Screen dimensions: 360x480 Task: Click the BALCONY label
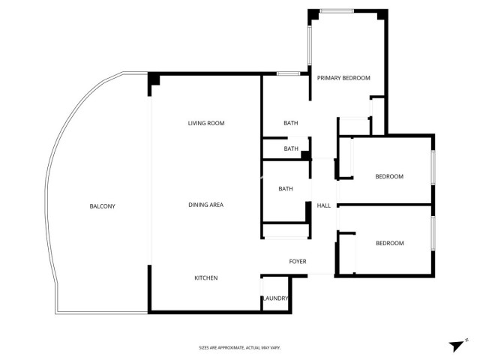(102, 206)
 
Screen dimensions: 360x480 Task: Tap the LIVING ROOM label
(206, 123)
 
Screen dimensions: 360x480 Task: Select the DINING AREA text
(205, 205)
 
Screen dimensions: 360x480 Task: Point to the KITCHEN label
(206, 278)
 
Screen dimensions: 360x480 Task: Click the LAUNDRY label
(275, 298)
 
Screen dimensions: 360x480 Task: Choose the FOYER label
(298, 262)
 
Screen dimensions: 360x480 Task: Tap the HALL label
(324, 205)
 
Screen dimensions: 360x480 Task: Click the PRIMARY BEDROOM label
(343, 78)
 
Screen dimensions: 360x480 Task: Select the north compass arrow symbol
(455, 344)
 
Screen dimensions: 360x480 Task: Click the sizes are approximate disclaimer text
(239, 348)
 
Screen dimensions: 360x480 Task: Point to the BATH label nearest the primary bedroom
(291, 123)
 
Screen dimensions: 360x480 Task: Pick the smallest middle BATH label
(291, 148)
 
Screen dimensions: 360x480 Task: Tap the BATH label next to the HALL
(286, 189)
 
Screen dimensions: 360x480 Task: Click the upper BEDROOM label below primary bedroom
(389, 177)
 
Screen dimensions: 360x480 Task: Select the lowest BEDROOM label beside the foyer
(389, 243)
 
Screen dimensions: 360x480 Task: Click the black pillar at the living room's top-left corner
(154, 80)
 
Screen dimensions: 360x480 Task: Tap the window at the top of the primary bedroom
(335, 10)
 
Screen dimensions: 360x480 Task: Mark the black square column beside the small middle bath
(305, 155)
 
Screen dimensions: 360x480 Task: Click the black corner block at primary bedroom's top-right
(382, 15)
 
